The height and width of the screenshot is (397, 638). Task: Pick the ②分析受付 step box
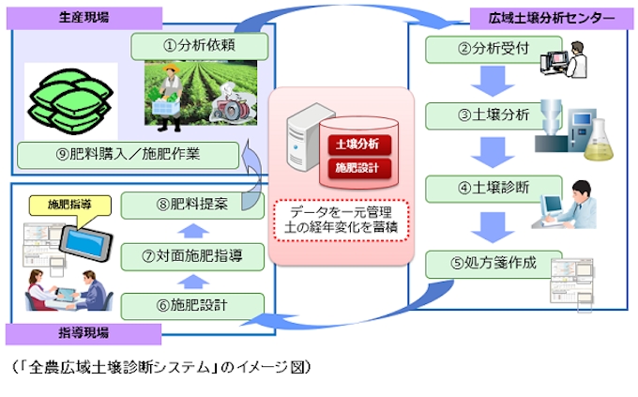click(468, 48)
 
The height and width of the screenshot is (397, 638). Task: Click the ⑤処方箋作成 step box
click(479, 262)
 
